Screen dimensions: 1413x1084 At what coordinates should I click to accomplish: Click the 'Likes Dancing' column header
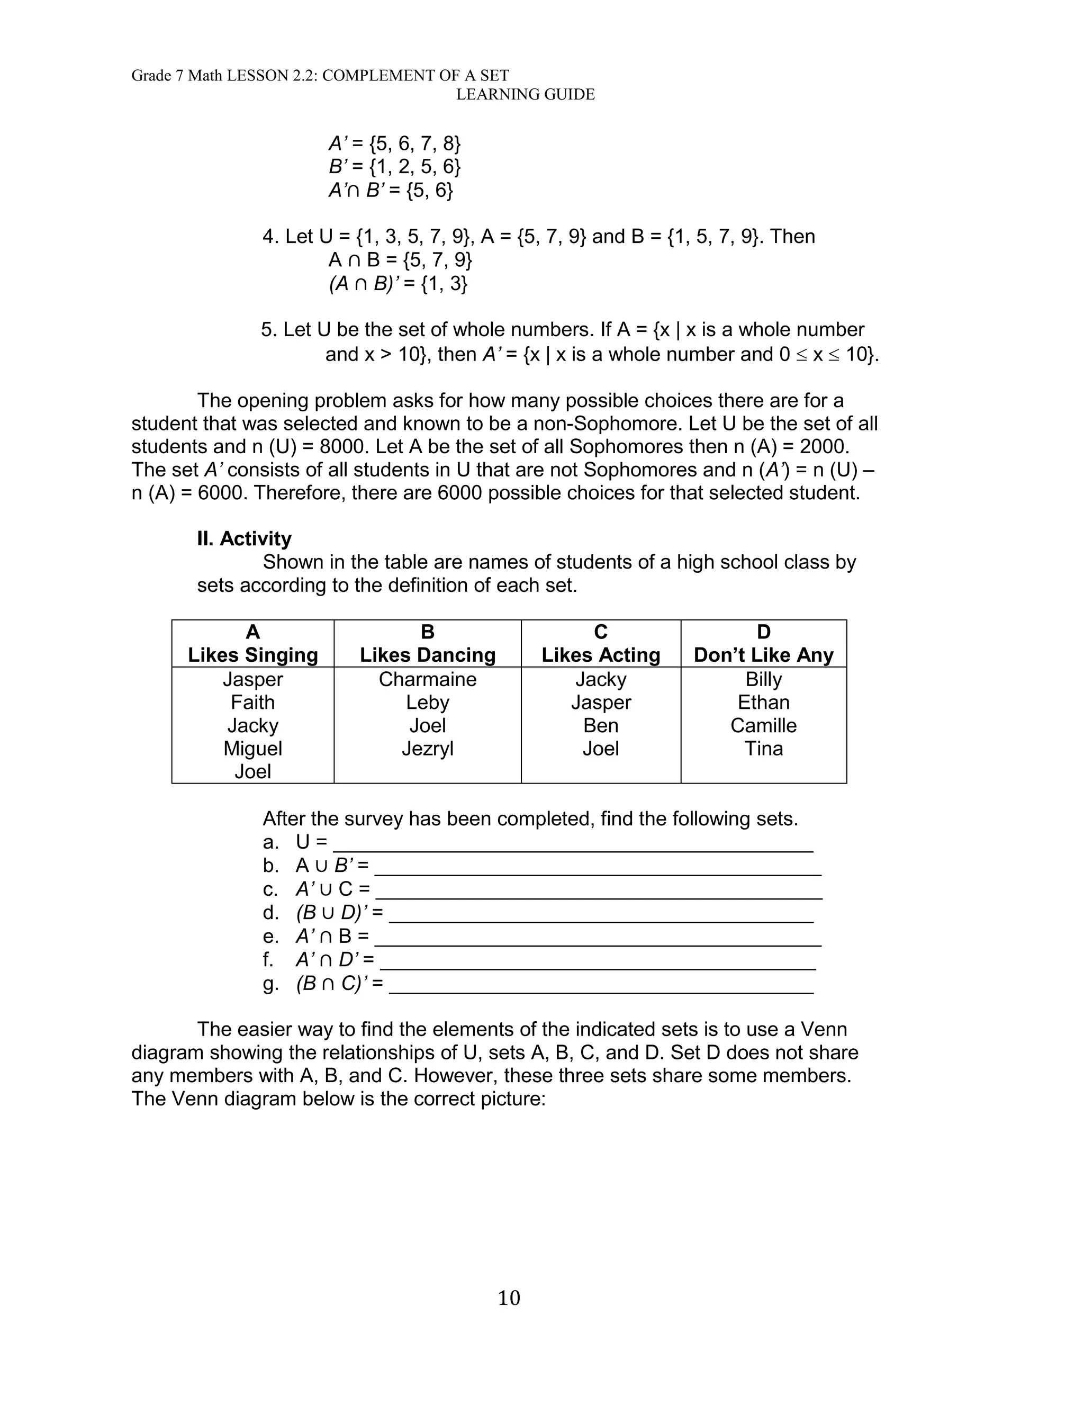(427, 655)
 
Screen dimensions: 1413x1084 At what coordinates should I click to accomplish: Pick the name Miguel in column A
(252, 749)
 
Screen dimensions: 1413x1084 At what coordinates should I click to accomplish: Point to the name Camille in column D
(763, 725)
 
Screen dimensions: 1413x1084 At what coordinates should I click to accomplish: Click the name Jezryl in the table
(427, 749)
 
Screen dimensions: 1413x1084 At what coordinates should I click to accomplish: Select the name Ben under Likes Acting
(600, 725)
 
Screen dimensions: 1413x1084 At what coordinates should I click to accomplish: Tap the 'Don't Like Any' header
(763, 655)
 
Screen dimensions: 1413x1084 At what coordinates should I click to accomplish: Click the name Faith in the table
(252, 702)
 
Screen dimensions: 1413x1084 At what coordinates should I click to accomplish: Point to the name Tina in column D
(763, 749)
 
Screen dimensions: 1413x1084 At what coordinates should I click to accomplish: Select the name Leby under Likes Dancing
(427, 702)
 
